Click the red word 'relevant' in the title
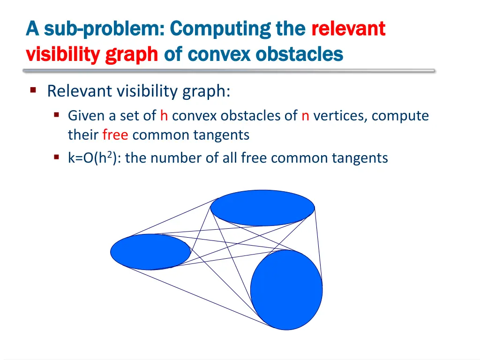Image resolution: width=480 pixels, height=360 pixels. (348, 29)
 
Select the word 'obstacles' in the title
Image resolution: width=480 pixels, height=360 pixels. (300, 55)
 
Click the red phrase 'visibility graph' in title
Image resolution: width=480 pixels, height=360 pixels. (92, 55)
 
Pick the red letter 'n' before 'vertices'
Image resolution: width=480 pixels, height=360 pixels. (305, 116)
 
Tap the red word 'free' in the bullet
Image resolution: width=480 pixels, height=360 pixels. (115, 135)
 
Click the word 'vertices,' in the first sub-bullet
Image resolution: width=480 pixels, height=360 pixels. (340, 116)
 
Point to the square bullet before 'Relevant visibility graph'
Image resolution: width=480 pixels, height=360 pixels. (33, 90)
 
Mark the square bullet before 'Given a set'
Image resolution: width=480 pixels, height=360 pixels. (57, 115)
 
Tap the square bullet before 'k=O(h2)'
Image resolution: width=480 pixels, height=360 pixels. (57, 157)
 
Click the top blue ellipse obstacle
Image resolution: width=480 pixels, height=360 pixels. (262, 208)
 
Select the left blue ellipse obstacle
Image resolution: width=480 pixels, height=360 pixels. (150, 252)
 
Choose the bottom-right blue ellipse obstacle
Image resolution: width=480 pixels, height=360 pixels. (286, 289)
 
